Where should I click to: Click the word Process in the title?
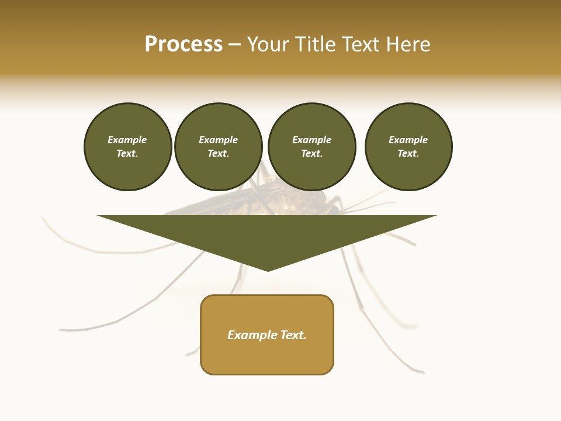click(183, 44)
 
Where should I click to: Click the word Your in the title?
click(268, 44)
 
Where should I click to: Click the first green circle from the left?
click(127, 147)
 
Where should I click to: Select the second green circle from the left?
click(219, 147)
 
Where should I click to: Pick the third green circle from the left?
click(311, 147)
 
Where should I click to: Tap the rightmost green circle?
click(408, 147)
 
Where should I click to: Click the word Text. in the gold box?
click(293, 335)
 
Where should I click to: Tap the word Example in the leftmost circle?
click(127, 140)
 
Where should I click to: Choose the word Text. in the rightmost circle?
click(408, 154)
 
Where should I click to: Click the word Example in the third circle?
click(311, 140)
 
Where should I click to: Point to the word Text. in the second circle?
click(219, 154)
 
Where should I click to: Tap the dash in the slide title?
click(235, 45)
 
